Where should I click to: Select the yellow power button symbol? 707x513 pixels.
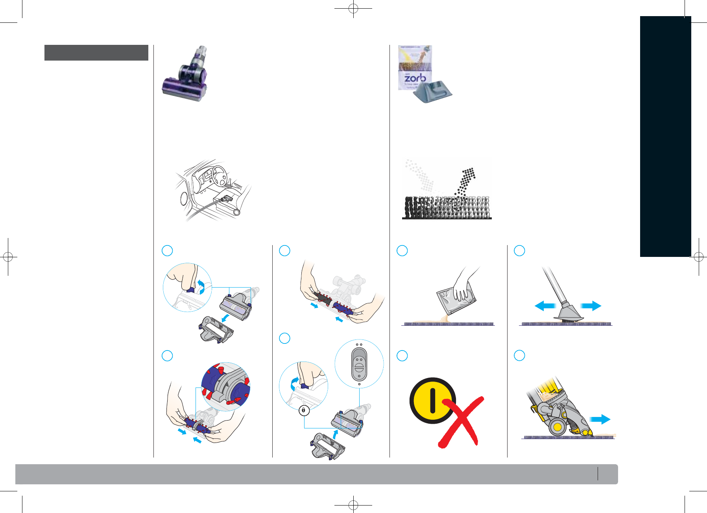[432, 400]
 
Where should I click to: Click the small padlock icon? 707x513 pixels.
[304, 410]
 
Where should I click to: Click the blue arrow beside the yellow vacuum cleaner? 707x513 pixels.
[600, 419]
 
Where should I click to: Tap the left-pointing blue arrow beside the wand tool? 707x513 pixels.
[545, 306]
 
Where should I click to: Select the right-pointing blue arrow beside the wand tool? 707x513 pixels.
[591, 306]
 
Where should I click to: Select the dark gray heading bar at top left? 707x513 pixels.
[96, 53]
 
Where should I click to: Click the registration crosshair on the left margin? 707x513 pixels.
[8, 257]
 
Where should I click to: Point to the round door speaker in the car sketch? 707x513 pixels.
[183, 198]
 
